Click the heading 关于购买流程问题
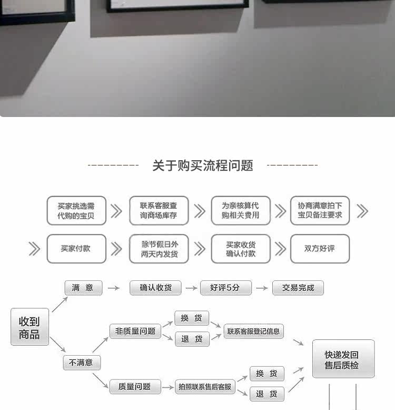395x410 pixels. point(203,165)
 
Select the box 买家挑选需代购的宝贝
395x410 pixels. point(76,211)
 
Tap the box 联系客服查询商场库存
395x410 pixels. point(159,211)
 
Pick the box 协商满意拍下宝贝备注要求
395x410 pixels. point(320,211)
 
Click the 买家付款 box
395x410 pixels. point(76,248)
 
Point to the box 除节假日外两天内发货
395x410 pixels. point(159,248)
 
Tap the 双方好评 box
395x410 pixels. point(320,248)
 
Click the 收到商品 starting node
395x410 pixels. point(29,327)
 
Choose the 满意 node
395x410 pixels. point(83,288)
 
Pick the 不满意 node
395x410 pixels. point(82,363)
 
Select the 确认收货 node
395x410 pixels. point(155,288)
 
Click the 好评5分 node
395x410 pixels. point(225,288)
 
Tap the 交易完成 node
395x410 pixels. point(298,288)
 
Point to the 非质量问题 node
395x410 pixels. point(135,331)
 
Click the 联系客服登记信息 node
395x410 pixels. point(254,331)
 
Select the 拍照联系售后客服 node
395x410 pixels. point(204,387)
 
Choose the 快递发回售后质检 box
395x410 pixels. point(343,359)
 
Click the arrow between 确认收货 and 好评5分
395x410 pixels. point(191,288)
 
